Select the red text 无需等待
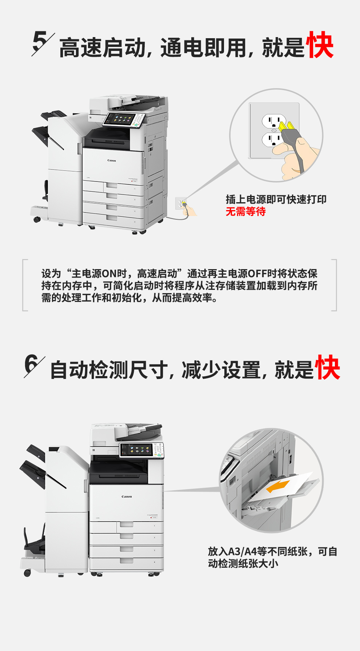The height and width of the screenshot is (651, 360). [246, 211]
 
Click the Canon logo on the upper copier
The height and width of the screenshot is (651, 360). [112, 160]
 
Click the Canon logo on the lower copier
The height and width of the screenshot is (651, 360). [127, 496]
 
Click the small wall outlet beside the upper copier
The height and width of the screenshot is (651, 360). [181, 203]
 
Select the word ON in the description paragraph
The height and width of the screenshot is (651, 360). [109, 273]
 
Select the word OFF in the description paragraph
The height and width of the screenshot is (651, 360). [257, 273]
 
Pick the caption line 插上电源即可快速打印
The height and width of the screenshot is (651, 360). [276, 199]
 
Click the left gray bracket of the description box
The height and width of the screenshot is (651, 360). [25, 285]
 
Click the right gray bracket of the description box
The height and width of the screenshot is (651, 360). [334, 285]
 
